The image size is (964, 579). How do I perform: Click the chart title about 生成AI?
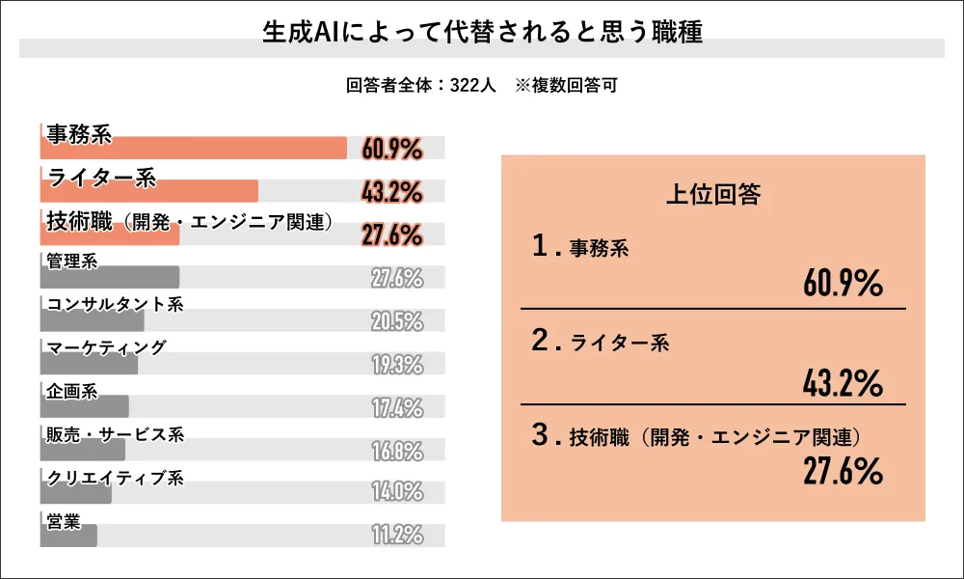click(x=482, y=32)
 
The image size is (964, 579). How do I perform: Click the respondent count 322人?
click(x=472, y=85)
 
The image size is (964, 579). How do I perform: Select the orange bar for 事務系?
click(x=193, y=148)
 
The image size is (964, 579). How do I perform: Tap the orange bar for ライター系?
click(x=149, y=191)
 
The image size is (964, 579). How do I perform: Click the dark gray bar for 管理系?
click(x=110, y=277)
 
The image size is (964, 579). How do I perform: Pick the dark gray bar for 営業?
click(x=68, y=536)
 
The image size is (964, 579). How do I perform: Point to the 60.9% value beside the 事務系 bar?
click(x=392, y=149)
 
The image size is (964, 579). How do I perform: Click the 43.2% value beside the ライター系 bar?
click(x=392, y=192)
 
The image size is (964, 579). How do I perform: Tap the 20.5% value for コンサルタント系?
click(x=397, y=321)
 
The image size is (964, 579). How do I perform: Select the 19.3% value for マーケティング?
click(x=397, y=365)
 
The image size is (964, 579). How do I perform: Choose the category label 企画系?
click(x=72, y=391)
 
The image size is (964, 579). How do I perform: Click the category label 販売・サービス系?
click(x=115, y=434)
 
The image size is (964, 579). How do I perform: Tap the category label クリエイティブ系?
click(x=115, y=478)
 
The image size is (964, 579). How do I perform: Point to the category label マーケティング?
click(x=106, y=347)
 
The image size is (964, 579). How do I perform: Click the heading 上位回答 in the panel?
click(x=713, y=195)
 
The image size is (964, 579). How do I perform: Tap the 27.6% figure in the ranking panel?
click(x=843, y=473)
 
